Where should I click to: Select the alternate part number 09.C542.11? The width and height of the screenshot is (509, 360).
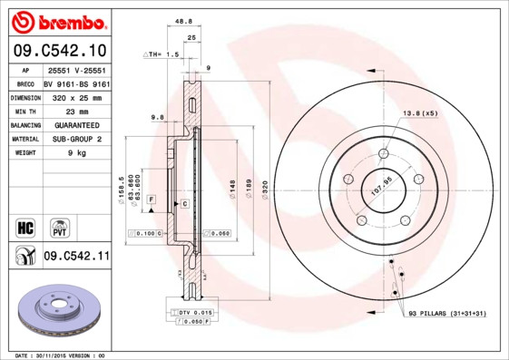point(76,257)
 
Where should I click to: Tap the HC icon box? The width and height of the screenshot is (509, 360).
point(25,226)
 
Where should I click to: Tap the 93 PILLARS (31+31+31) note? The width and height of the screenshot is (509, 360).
point(446,314)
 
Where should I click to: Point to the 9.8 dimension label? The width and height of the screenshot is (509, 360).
point(156,117)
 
